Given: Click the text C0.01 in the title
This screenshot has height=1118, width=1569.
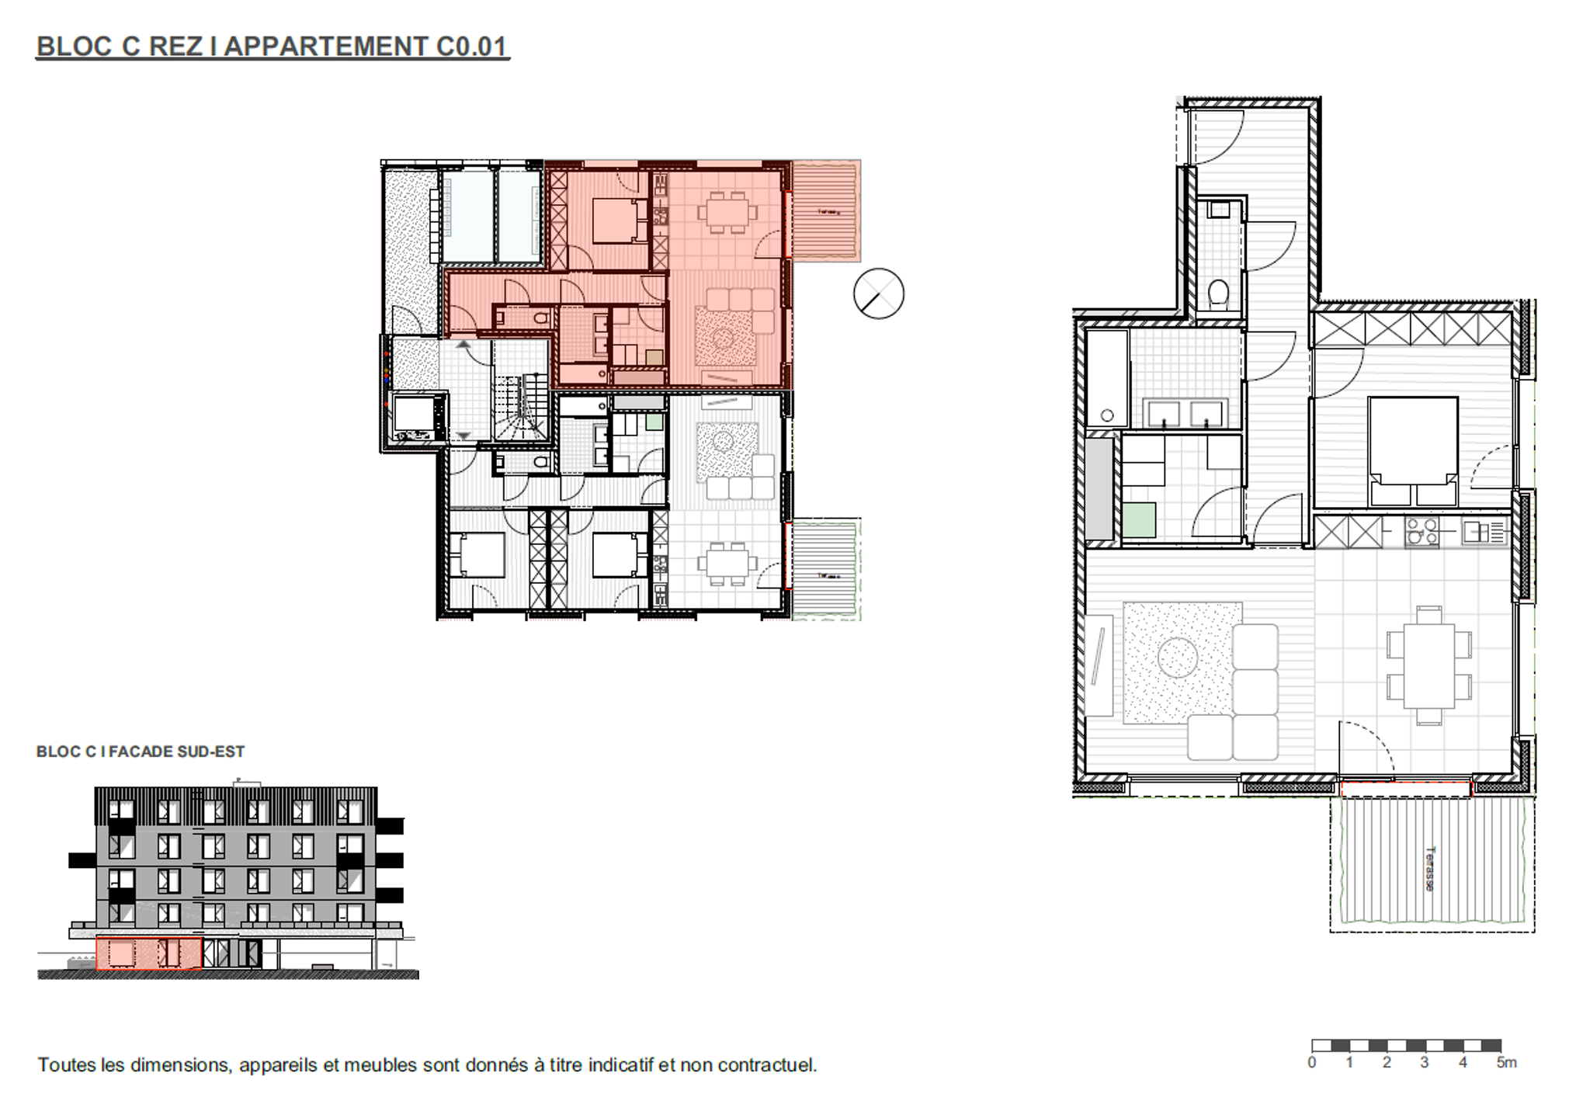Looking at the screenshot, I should (x=470, y=47).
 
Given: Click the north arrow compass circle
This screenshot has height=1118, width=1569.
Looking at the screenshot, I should (x=878, y=293).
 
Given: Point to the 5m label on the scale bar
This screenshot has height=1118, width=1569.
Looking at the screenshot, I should (x=1505, y=1063).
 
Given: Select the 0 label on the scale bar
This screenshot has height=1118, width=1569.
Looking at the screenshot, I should (x=1311, y=1063).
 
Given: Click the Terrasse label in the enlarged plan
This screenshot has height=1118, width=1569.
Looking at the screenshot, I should (x=1429, y=868).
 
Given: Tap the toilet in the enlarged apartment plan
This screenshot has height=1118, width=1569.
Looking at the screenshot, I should (x=1218, y=293).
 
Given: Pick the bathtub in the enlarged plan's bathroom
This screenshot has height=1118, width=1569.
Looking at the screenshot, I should (x=1106, y=377).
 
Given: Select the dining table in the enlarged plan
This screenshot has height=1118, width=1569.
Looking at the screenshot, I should (x=1428, y=666).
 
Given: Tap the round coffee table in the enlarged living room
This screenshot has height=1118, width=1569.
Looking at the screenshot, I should (x=1177, y=658).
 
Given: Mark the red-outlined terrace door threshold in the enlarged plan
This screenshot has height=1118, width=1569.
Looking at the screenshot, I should (x=1405, y=790).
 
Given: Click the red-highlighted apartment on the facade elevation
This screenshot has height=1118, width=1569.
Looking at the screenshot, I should (x=148, y=953).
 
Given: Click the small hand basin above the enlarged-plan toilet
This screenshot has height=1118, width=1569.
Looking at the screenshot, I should (x=1219, y=209).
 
